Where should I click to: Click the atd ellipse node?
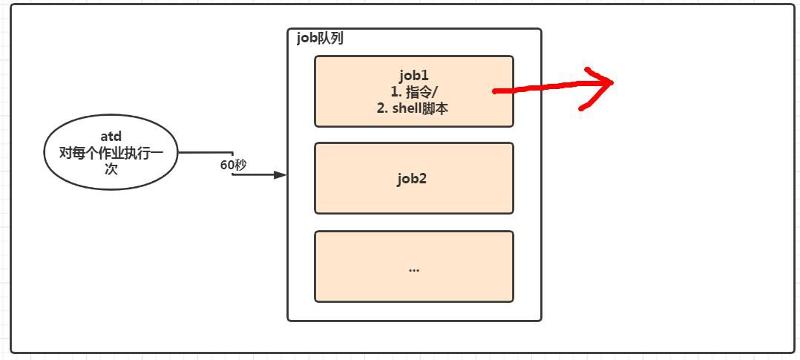(x=111, y=153)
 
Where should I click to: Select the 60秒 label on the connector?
(x=233, y=165)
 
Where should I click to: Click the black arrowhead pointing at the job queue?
(x=280, y=175)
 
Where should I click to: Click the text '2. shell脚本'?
(x=413, y=108)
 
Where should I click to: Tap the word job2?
(x=413, y=178)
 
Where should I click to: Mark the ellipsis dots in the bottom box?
(x=413, y=269)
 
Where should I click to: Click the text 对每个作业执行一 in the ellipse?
(x=111, y=153)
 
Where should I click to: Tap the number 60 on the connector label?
(x=227, y=165)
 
